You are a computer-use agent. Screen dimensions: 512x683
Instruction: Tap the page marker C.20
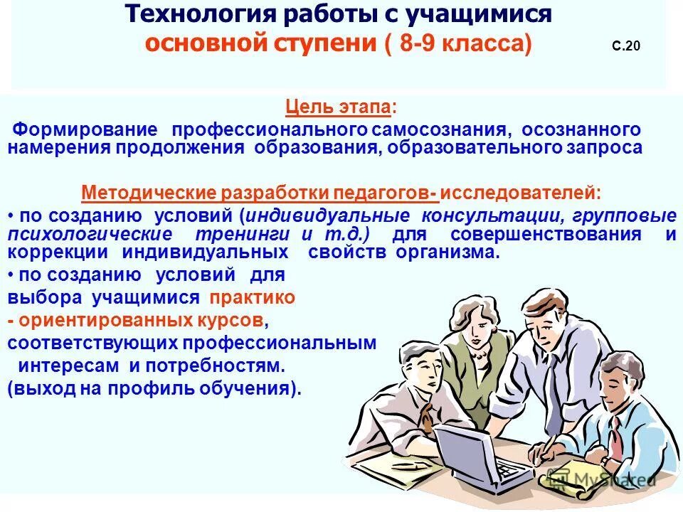(626, 47)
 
